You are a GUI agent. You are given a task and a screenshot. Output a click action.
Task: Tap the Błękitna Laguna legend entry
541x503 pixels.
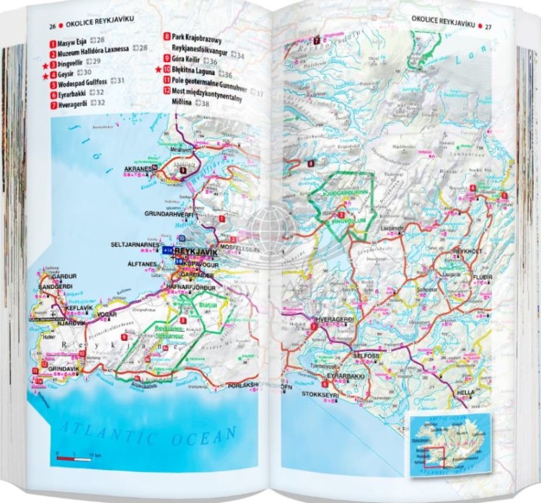[193, 74]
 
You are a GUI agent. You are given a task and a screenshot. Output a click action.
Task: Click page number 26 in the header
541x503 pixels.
[52, 27]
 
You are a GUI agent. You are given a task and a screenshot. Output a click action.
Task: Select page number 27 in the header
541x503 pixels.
[488, 27]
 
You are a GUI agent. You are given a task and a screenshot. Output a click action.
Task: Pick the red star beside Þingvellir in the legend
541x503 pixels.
[45, 65]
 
